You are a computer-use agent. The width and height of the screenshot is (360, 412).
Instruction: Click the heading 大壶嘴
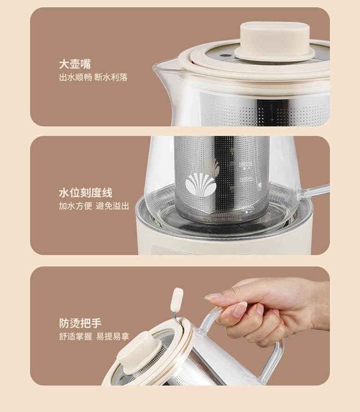tap(75, 64)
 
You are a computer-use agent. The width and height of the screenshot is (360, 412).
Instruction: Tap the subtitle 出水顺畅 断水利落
tap(93, 77)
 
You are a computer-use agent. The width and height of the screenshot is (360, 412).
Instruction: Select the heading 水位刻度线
tap(85, 193)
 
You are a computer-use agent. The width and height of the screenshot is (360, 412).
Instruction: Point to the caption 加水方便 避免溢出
tap(94, 206)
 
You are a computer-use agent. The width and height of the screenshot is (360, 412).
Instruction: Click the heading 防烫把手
tap(80, 323)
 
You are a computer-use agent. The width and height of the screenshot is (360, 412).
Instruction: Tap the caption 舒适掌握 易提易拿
tap(94, 336)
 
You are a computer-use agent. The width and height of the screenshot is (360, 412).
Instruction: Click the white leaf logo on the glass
tap(201, 184)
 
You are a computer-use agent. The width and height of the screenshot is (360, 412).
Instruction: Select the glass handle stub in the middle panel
tap(313, 192)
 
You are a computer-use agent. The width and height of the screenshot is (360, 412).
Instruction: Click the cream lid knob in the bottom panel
tap(139, 352)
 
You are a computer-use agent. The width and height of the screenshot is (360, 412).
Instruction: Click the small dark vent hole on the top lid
tap(224, 56)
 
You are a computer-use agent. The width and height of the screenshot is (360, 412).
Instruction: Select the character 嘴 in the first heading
tap(86, 64)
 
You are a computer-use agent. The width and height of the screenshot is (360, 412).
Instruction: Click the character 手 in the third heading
tap(96, 323)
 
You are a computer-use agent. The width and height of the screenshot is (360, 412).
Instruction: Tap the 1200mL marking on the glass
tap(246, 164)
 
